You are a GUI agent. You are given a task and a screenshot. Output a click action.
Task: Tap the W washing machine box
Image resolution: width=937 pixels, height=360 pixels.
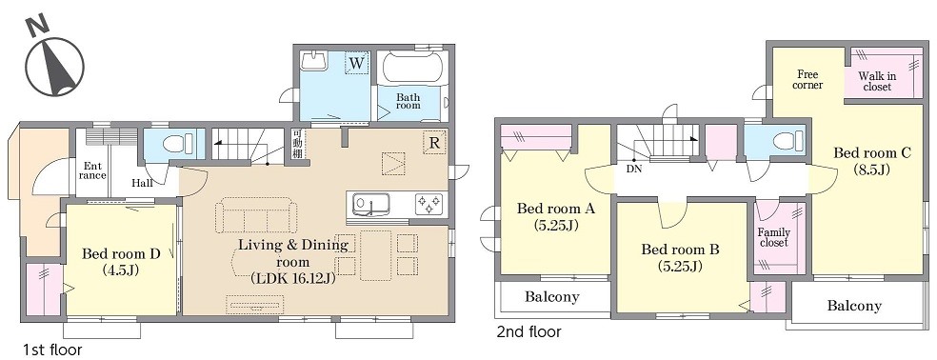357,63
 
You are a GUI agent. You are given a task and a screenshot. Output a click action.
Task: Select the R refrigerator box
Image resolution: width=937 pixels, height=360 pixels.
434,143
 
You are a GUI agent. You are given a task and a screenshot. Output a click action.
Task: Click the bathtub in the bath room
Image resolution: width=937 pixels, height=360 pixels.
412,67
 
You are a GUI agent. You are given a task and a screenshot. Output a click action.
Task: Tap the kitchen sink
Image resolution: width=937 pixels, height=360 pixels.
369,205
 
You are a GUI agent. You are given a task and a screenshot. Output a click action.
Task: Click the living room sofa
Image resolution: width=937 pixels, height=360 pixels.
256,215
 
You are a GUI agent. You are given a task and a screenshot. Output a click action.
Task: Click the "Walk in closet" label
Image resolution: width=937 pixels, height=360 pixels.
874,81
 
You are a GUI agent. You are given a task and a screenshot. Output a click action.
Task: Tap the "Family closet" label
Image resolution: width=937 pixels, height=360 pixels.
774,237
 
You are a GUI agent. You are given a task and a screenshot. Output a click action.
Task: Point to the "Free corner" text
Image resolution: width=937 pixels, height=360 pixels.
807,79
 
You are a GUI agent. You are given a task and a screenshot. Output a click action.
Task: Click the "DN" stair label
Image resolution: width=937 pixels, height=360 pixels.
633,170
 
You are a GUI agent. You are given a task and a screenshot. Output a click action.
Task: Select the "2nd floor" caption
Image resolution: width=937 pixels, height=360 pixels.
528,331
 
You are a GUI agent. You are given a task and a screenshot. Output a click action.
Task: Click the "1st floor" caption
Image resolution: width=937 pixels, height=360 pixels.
52,350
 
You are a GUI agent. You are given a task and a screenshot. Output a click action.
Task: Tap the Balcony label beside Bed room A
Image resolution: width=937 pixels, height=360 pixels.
552,296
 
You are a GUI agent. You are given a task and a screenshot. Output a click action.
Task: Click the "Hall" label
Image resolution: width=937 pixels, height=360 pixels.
142,183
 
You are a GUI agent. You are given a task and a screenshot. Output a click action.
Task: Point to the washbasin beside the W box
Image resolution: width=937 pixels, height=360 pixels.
314,62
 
